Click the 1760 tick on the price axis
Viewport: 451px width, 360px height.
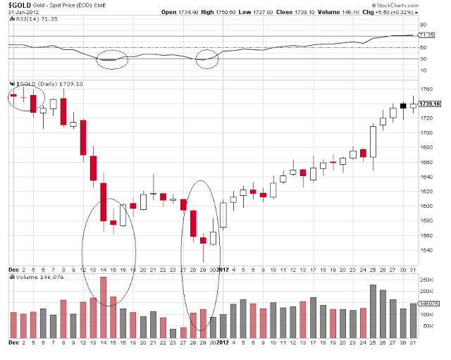click(425, 89)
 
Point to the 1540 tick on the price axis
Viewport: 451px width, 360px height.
click(425, 250)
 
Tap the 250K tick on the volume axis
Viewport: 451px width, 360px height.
click(426, 280)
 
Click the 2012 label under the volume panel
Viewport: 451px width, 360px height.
click(222, 342)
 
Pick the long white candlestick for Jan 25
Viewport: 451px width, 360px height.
click(373, 142)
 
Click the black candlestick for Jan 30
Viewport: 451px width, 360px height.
click(403, 106)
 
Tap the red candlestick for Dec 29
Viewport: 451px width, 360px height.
click(203, 240)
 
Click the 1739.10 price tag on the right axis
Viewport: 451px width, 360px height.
click(430, 104)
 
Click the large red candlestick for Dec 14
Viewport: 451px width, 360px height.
click(103, 201)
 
